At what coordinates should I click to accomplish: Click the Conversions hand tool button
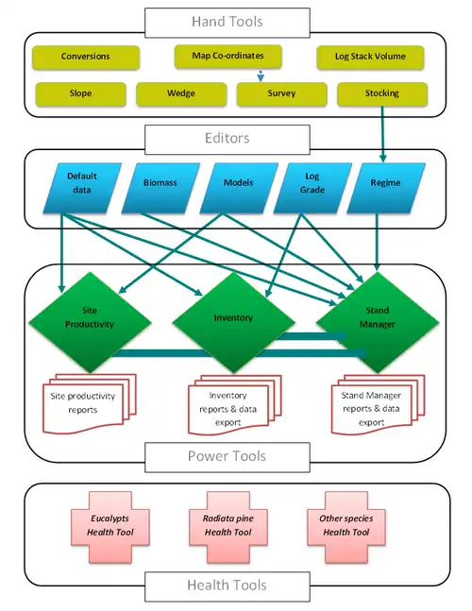point(85,57)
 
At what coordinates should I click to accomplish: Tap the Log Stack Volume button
point(370,57)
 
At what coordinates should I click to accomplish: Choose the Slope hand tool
point(80,93)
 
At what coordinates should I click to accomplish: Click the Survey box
point(280,93)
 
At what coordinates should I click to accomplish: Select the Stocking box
point(381,93)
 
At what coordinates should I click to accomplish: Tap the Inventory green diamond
point(231,318)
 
